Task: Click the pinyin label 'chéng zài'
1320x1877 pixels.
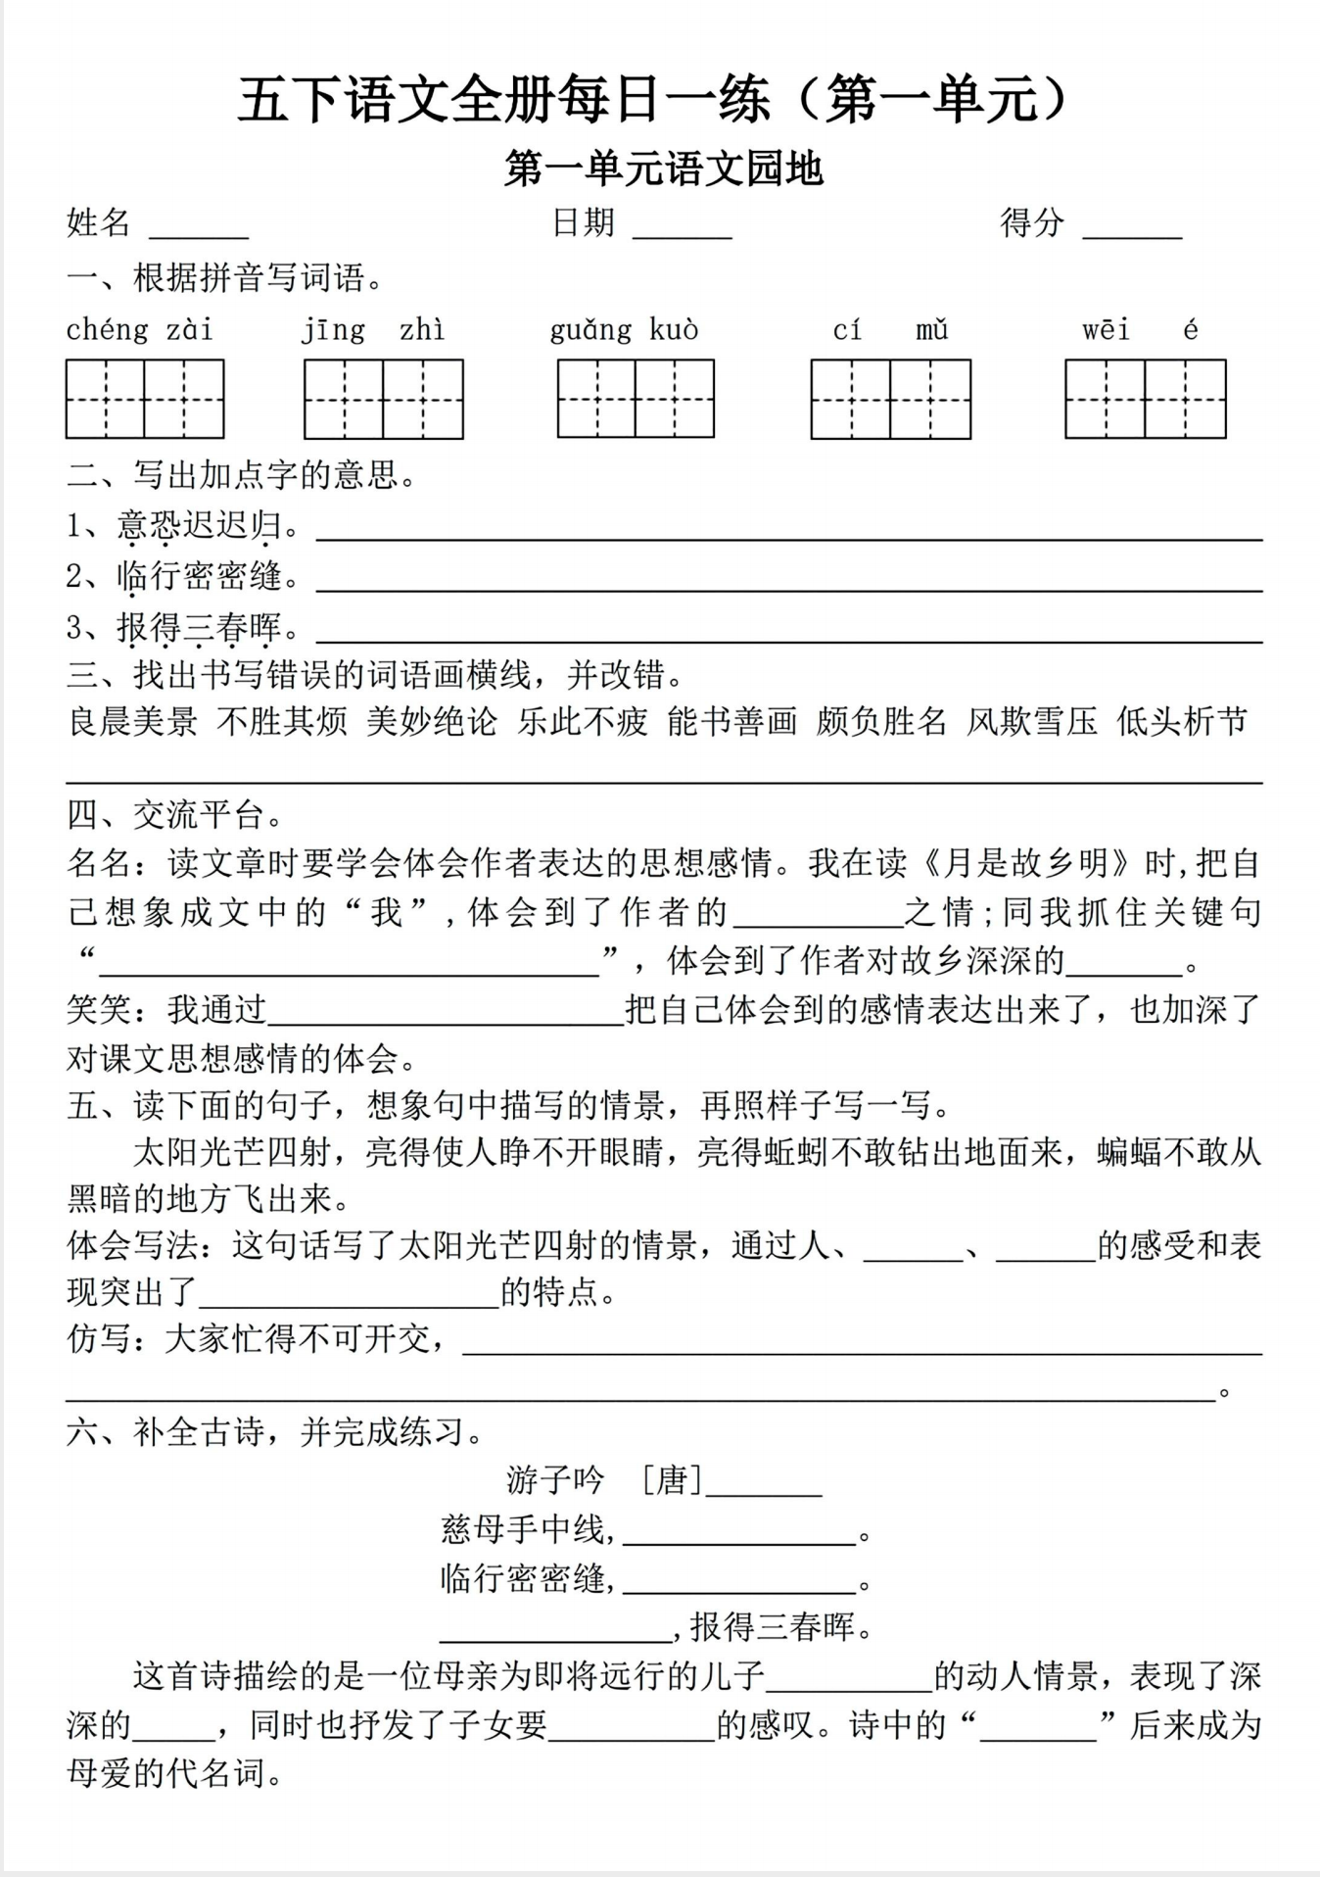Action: pos(139,330)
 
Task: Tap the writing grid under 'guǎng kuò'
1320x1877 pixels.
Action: pos(636,399)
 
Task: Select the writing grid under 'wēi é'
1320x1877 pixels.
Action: pos(1145,399)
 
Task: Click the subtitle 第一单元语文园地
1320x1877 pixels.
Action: pos(663,169)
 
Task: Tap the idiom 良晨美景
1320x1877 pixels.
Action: pos(132,722)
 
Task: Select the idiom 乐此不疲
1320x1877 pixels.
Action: pos(583,722)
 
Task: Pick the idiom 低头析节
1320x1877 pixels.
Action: pos(1182,722)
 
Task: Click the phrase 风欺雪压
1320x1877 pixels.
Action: pos(1032,722)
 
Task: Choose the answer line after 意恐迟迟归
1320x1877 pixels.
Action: pos(788,535)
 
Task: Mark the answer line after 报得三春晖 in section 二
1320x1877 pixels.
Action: pos(788,638)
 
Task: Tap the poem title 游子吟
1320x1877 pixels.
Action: pos(555,1479)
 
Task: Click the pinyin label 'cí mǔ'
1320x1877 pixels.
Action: pos(890,330)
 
